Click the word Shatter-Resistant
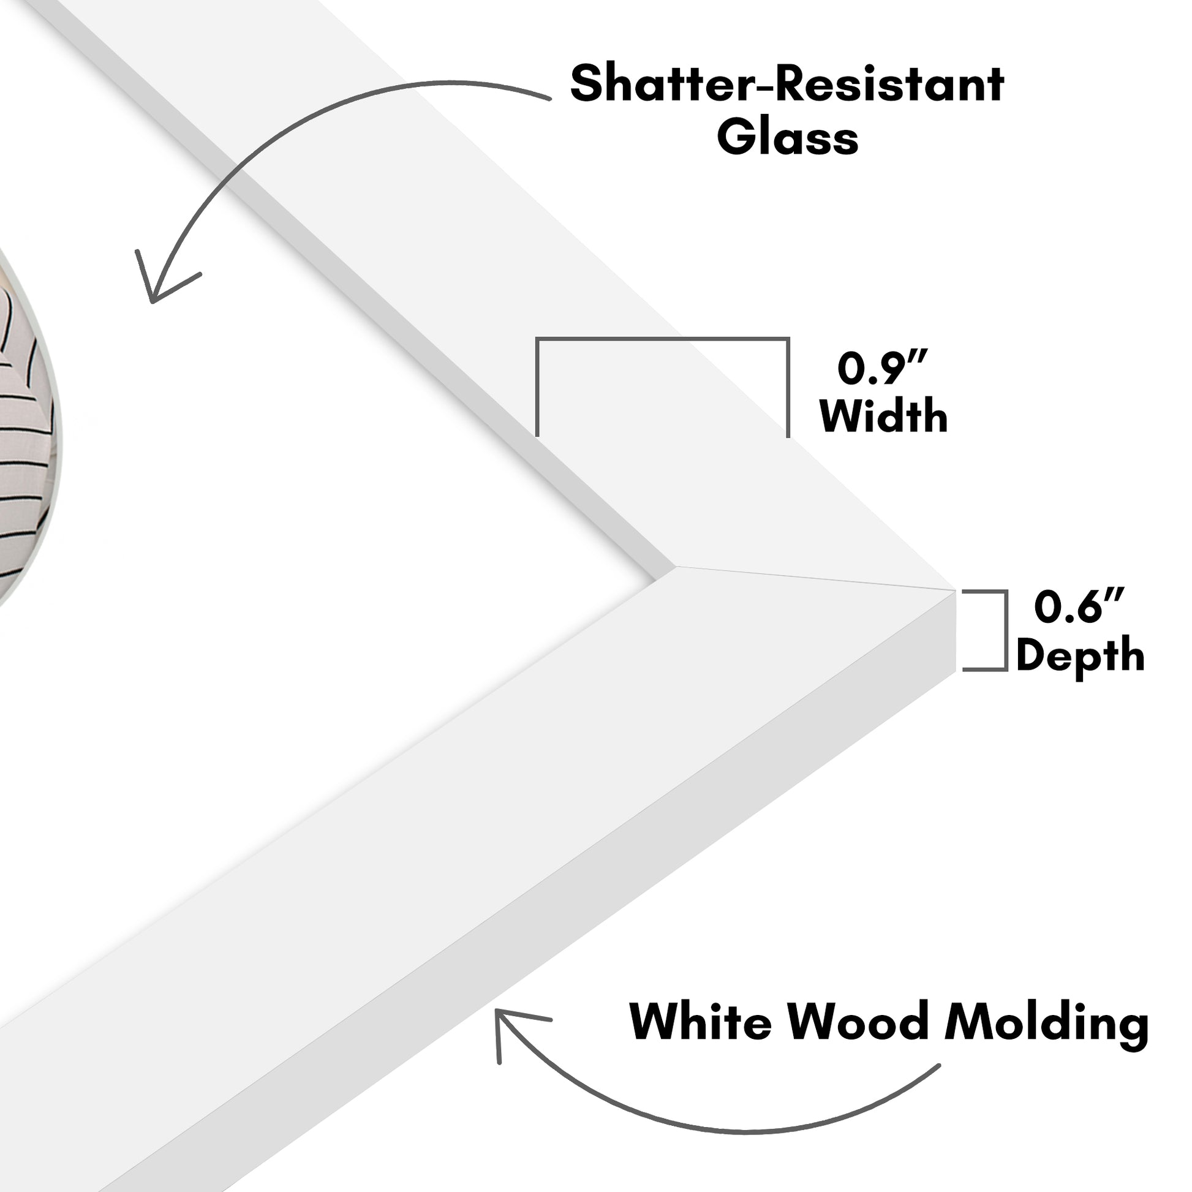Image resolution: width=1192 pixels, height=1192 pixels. click(x=786, y=85)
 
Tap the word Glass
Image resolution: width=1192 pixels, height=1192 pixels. click(x=787, y=138)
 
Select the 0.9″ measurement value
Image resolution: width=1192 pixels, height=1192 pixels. click(x=882, y=369)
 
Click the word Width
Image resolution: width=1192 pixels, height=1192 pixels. click(x=883, y=417)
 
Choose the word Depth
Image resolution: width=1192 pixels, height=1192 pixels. click(x=1080, y=656)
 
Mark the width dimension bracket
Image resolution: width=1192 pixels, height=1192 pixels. click(x=662, y=339)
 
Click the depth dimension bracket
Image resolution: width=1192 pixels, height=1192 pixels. click(x=1005, y=630)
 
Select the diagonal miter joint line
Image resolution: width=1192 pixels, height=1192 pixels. click(x=815, y=578)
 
